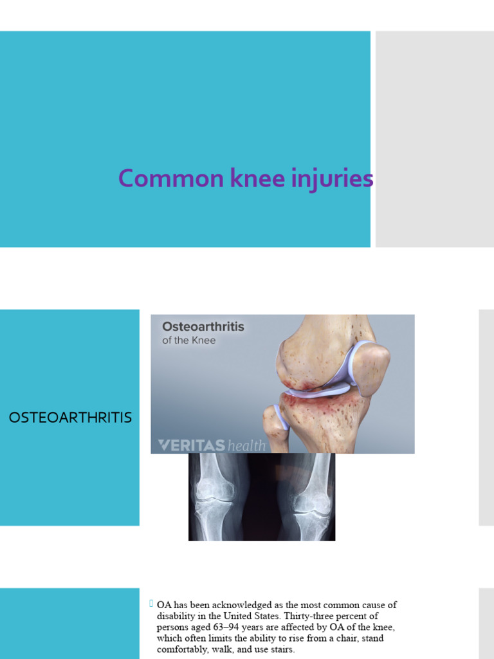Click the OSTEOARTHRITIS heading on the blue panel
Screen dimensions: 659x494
[70, 418]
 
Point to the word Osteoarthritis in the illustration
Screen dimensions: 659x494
[203, 327]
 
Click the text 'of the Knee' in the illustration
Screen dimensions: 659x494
[189, 340]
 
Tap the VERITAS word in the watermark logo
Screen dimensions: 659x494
[192, 445]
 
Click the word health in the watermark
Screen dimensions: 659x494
[246, 445]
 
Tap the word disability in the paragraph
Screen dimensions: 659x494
[179, 616]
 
